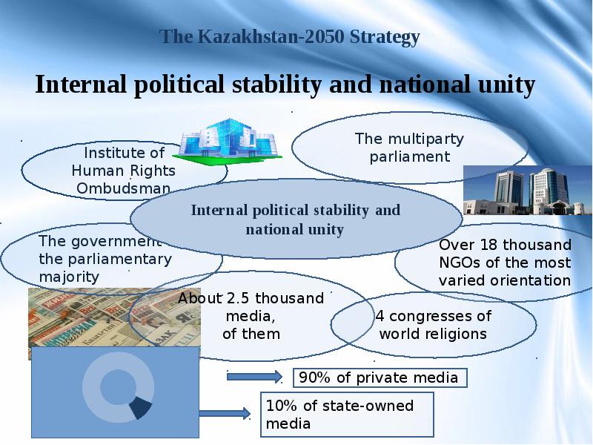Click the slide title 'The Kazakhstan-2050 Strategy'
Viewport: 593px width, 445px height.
click(x=290, y=38)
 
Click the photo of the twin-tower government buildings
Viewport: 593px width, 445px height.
click(x=527, y=191)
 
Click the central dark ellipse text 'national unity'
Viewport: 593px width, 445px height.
click(x=294, y=230)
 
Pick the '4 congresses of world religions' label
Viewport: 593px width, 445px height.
click(x=433, y=325)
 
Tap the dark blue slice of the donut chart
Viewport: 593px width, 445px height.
click(x=140, y=407)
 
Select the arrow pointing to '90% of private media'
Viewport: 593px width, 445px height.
click(x=254, y=377)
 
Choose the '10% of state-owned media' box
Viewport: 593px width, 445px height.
click(x=347, y=415)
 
